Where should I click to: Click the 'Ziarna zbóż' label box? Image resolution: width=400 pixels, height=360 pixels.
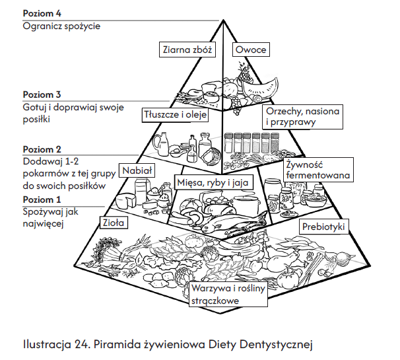point(187,50)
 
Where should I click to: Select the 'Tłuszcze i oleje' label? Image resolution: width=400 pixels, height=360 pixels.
point(176,114)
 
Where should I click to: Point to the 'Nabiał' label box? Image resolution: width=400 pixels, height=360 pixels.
point(137,170)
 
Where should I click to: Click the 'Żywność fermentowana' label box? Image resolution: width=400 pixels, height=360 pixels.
point(316,169)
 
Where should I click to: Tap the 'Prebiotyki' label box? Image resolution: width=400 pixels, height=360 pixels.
point(323,227)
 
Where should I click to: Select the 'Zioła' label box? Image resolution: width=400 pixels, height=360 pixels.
point(113,223)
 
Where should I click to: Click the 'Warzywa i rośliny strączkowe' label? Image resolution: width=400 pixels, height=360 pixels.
point(227,295)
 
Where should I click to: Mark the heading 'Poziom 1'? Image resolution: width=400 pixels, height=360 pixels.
point(42,199)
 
